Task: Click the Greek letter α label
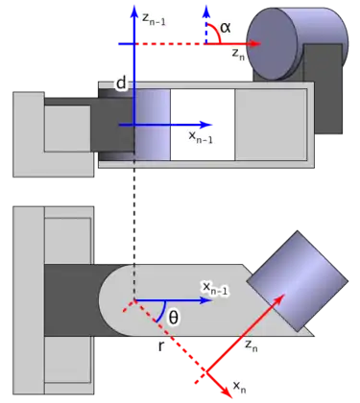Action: (x=226, y=28)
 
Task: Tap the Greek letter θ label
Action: (x=173, y=318)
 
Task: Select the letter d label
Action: (x=121, y=83)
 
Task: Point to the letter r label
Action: (x=161, y=346)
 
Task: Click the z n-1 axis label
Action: (x=154, y=19)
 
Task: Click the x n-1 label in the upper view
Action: (x=201, y=137)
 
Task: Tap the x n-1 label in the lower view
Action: (x=215, y=288)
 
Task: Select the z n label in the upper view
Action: (x=238, y=54)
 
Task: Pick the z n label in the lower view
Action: (x=252, y=345)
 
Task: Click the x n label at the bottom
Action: (x=239, y=387)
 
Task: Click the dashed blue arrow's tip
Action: (x=206, y=9)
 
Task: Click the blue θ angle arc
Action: (x=163, y=312)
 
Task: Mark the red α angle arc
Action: (x=216, y=32)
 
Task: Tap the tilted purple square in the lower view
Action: (x=298, y=281)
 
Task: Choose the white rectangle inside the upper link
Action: (x=203, y=125)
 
